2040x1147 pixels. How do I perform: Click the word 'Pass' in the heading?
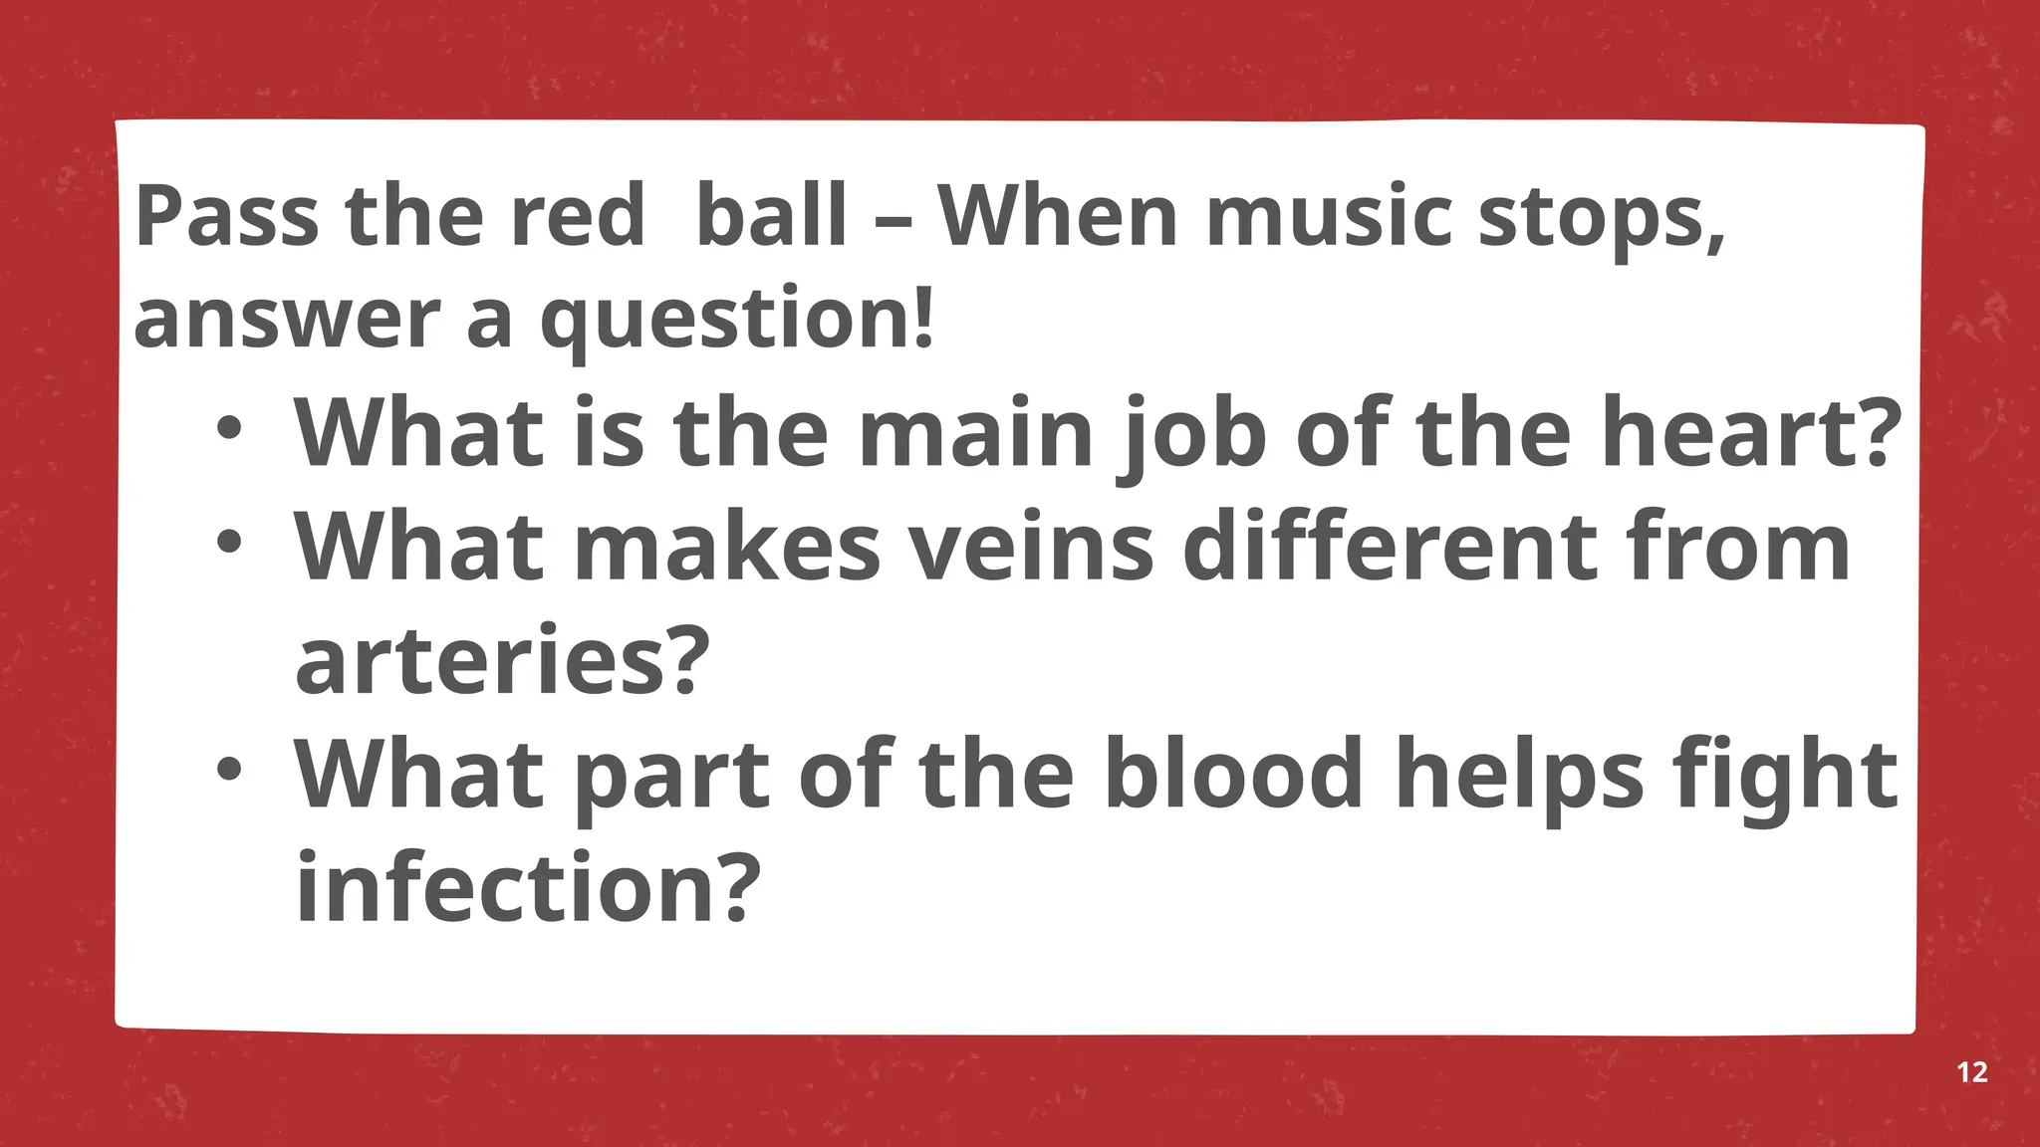[227, 216]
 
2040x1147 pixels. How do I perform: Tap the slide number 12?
[1972, 1072]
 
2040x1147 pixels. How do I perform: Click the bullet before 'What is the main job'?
[229, 429]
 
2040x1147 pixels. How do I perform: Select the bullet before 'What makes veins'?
[229, 543]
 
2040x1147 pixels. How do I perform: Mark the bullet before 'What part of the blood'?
[229, 770]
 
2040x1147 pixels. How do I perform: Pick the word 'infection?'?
[528, 887]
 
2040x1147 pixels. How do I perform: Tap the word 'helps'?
[1519, 776]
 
